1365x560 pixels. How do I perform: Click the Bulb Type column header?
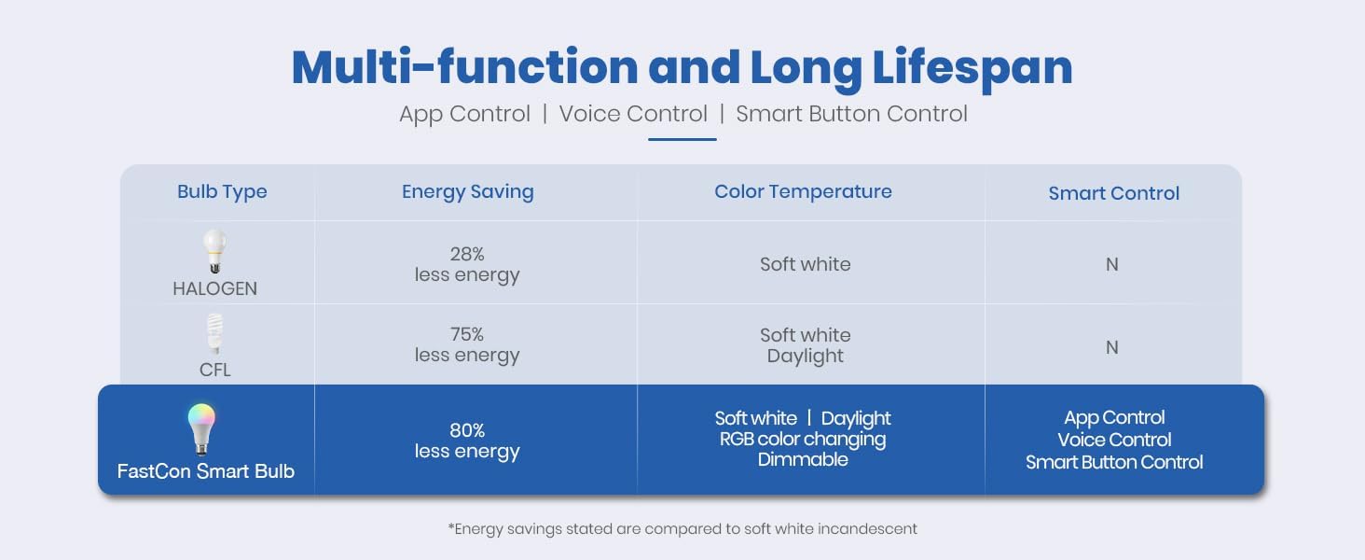click(x=222, y=192)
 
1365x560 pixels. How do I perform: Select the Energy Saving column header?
click(x=467, y=192)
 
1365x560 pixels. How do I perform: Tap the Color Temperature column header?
click(x=803, y=191)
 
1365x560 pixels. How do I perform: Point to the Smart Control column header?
click(x=1113, y=193)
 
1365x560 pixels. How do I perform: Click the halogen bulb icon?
click(x=214, y=251)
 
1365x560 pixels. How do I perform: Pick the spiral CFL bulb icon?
click(x=214, y=334)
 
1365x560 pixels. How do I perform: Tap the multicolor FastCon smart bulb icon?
click(x=201, y=429)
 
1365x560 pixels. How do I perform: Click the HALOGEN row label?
click(x=214, y=288)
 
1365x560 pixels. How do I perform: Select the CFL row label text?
click(x=214, y=371)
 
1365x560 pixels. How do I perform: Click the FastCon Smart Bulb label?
click(x=205, y=471)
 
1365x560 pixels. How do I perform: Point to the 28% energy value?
click(x=467, y=254)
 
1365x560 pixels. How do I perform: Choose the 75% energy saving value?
click(x=467, y=334)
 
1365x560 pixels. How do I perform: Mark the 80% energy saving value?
click(x=467, y=430)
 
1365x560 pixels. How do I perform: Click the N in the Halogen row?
click(x=1112, y=265)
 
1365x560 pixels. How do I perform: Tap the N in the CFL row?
click(x=1112, y=348)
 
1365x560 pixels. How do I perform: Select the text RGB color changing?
click(x=803, y=440)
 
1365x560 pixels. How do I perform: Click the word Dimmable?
click(x=803, y=459)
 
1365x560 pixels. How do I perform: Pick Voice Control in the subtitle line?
click(x=633, y=114)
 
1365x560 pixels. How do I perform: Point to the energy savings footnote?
click(x=682, y=529)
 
